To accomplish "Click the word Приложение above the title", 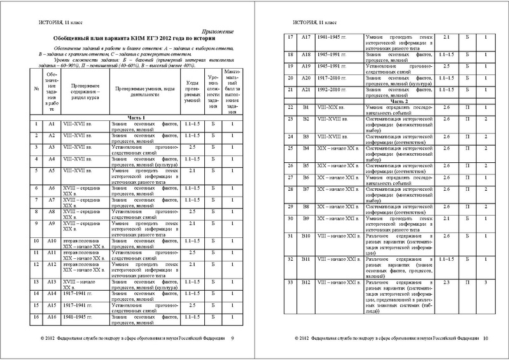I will (x=218, y=31).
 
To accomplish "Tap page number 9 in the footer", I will (x=232, y=338).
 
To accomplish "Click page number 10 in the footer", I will (x=485, y=338).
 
